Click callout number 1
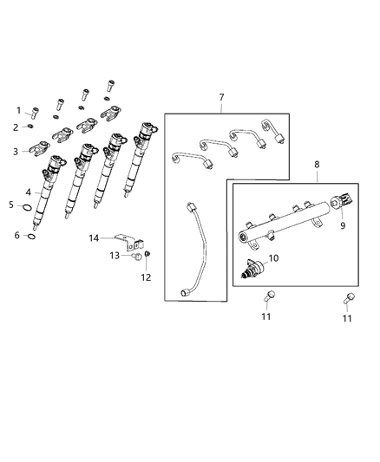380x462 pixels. click(x=17, y=110)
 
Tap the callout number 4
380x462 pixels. click(x=28, y=192)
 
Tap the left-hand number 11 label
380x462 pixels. click(x=266, y=316)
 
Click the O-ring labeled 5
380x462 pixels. click(x=29, y=208)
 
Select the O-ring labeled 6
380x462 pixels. click(x=31, y=235)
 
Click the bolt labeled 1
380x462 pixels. click(x=34, y=111)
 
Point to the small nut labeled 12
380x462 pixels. click(x=147, y=253)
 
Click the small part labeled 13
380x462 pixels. click(x=135, y=256)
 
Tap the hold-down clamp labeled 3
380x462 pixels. click(x=37, y=151)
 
